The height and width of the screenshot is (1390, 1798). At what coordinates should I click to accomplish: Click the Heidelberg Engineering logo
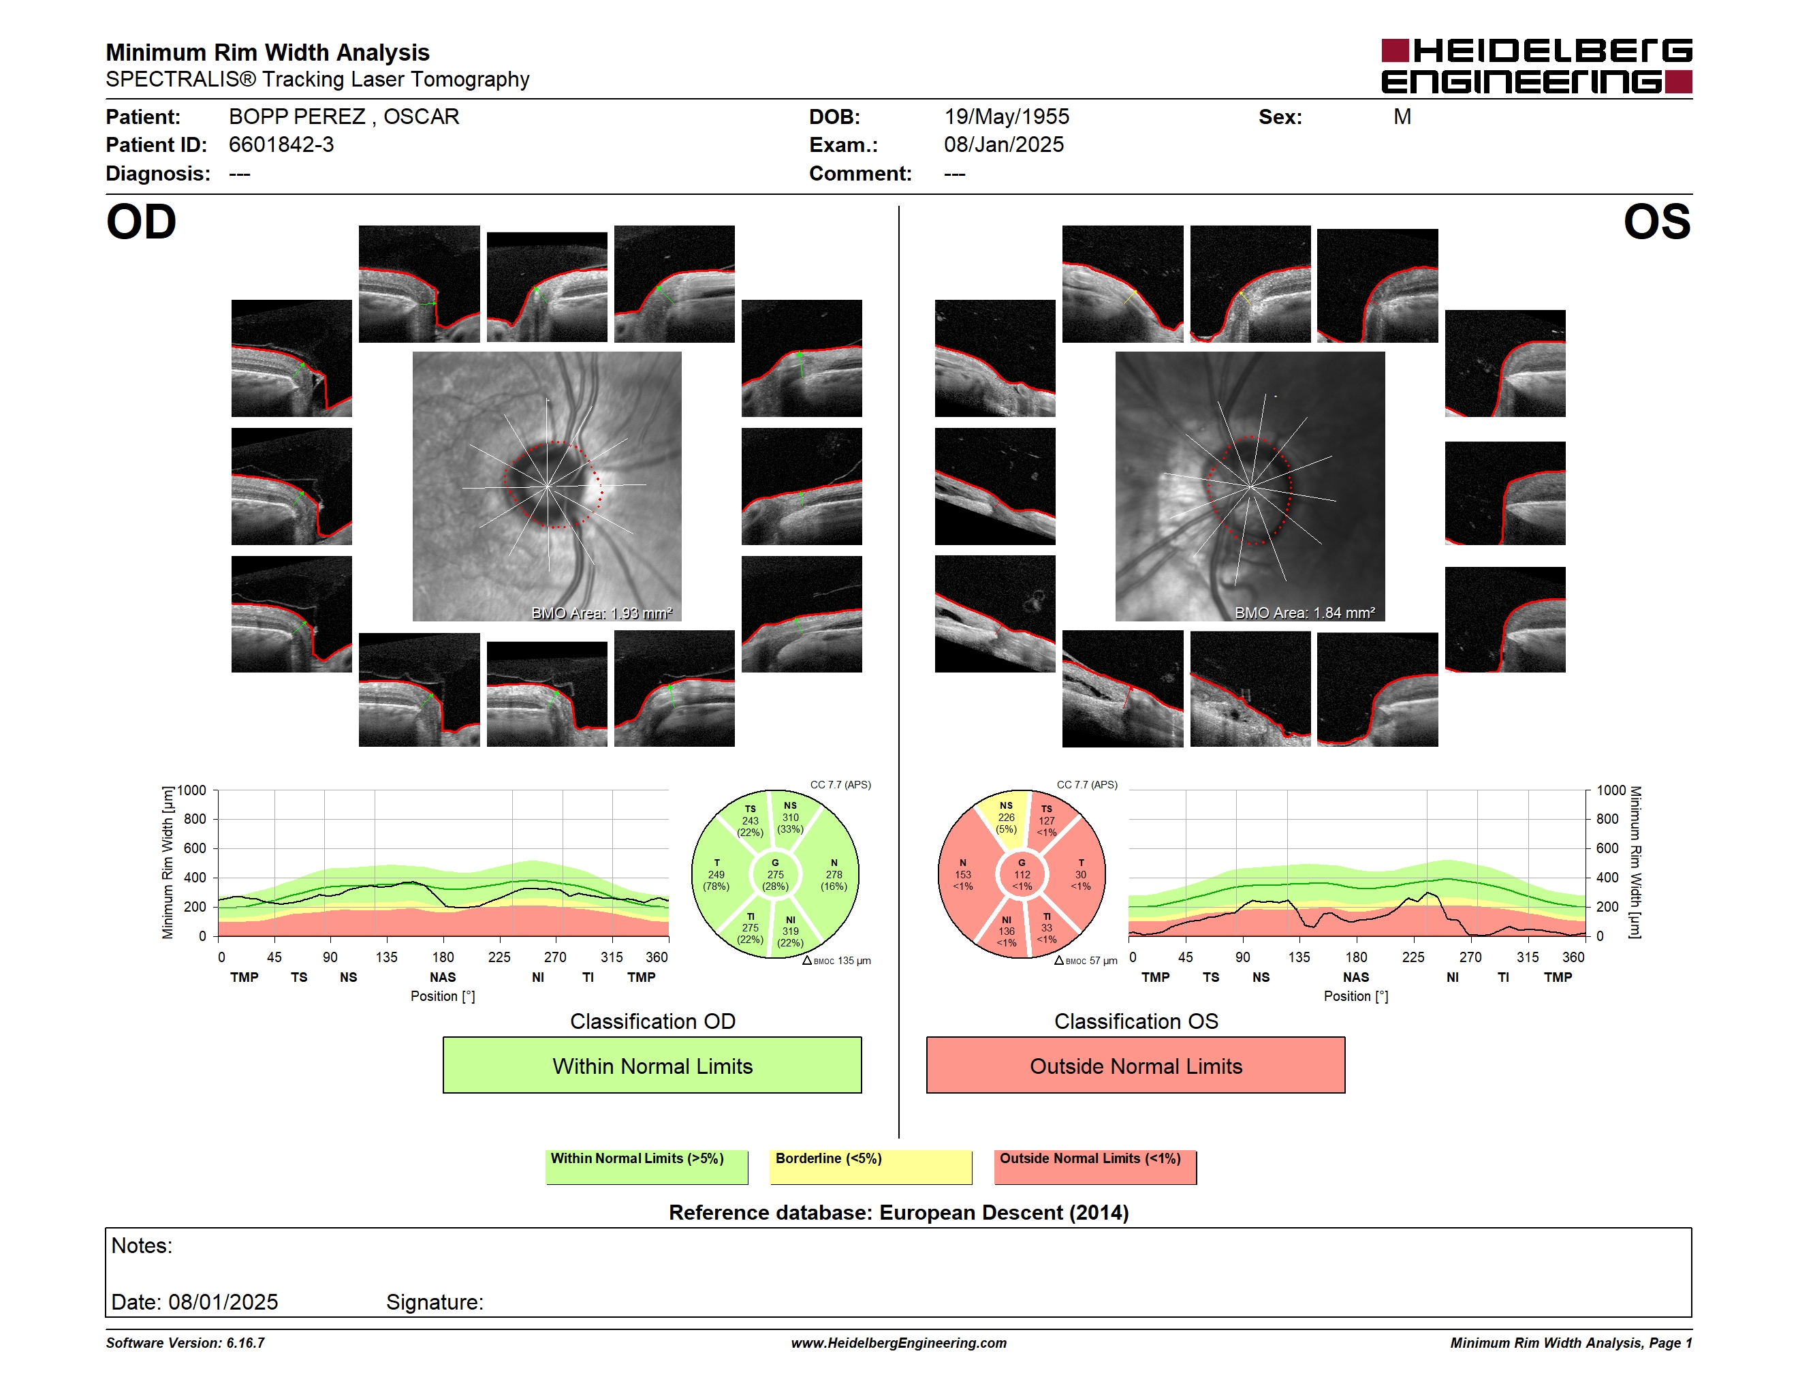coord(1536,66)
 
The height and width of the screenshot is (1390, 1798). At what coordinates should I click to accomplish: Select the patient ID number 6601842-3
coord(281,145)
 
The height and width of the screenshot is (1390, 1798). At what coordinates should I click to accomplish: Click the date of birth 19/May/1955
coord(1006,117)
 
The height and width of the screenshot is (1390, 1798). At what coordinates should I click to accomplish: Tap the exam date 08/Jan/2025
coord(1004,145)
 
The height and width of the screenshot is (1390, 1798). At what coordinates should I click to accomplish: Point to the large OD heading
coord(141,222)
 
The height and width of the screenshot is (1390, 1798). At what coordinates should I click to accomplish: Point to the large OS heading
coord(1656,222)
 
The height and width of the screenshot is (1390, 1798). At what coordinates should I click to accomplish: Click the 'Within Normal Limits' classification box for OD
coord(652,1065)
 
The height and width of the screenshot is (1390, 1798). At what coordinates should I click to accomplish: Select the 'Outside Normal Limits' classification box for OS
coord(1135,1065)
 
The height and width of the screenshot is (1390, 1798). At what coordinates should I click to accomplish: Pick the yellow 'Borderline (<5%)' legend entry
coord(870,1167)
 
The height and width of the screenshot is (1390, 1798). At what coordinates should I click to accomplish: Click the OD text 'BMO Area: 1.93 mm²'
coord(602,613)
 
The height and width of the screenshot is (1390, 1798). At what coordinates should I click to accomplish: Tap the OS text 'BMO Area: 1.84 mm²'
coord(1305,613)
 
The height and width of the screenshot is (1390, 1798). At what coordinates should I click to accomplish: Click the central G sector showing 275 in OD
coord(774,874)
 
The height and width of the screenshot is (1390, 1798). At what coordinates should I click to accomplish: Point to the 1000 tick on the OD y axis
coord(192,790)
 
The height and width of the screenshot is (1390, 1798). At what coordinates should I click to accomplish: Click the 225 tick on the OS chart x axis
coord(1413,957)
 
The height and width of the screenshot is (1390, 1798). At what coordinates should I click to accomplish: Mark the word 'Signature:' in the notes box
coord(435,1302)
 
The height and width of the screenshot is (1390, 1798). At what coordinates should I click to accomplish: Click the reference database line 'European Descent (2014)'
coord(1004,1212)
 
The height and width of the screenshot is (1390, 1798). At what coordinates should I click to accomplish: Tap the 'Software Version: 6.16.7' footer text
coord(185,1343)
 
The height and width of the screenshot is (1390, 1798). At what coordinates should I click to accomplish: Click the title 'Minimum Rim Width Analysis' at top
coord(268,52)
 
